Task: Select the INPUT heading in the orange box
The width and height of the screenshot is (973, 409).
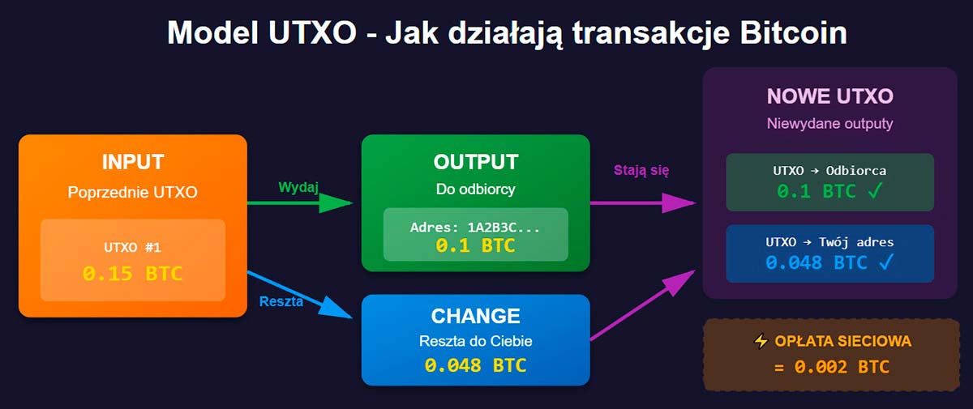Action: (x=133, y=161)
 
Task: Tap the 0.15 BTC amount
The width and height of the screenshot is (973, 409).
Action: (x=133, y=274)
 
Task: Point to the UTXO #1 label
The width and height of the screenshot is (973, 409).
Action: (x=133, y=248)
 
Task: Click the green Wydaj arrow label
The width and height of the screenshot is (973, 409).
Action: (x=298, y=187)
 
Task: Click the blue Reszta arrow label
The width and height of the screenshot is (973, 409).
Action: (x=281, y=302)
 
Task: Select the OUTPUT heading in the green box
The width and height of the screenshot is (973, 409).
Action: (x=475, y=162)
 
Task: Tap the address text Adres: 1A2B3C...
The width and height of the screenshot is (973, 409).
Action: (x=475, y=228)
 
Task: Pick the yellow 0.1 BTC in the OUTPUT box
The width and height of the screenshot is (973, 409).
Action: (x=475, y=246)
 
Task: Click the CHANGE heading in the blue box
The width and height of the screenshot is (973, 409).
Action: (x=475, y=316)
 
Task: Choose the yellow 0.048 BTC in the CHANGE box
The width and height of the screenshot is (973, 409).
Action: (x=475, y=365)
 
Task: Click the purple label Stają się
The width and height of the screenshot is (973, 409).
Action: (x=641, y=170)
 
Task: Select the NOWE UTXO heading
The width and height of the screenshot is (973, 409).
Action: (x=829, y=96)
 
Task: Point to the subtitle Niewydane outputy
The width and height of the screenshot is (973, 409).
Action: (x=829, y=125)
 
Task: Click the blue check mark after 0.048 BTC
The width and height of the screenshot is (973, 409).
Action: (x=885, y=262)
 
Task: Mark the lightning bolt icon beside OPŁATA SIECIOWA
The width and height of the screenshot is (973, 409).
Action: (x=760, y=342)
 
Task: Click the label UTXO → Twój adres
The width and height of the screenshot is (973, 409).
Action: (x=829, y=242)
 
